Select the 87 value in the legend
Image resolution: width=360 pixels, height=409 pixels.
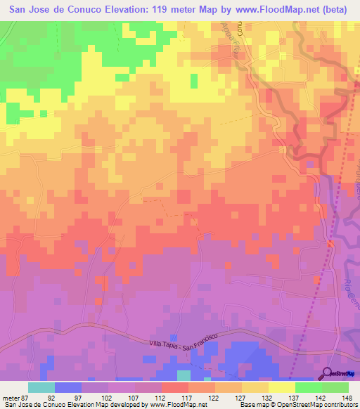[24, 397]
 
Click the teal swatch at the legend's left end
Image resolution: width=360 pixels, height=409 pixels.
[41, 387]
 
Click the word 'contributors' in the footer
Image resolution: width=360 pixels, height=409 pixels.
[340, 405]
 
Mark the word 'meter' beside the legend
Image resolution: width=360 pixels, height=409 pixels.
[10, 397]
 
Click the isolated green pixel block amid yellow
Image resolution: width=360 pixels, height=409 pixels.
[13, 110]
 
